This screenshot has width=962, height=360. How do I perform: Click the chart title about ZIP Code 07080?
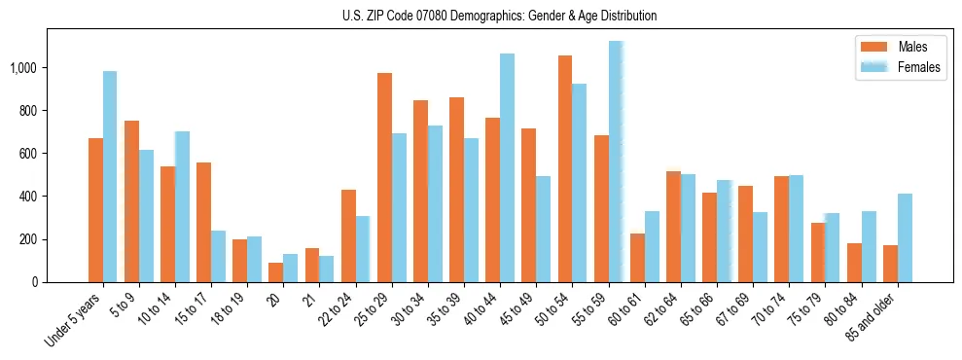[499, 16]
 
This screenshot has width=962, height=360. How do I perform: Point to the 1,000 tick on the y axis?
[25, 68]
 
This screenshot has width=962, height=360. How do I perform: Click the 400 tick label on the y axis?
[30, 197]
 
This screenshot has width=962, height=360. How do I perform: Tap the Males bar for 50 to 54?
[565, 168]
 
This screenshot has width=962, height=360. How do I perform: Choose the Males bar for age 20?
[275, 272]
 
